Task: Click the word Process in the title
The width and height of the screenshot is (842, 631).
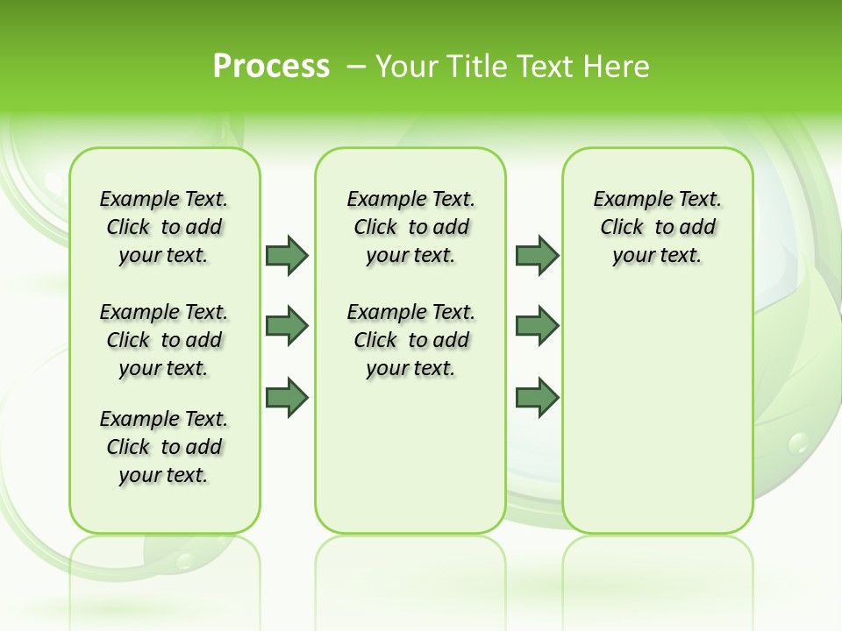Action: (x=271, y=66)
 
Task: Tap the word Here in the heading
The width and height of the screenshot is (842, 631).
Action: (x=614, y=67)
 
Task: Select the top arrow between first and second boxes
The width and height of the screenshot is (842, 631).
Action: (x=286, y=255)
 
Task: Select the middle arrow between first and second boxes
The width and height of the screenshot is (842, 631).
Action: (x=286, y=326)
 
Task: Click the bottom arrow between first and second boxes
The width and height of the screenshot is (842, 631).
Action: (x=286, y=398)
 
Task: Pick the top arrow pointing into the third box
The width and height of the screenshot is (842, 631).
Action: (x=537, y=255)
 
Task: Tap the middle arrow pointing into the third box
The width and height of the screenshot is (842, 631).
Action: (x=537, y=326)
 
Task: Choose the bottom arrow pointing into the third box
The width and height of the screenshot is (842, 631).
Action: (x=537, y=398)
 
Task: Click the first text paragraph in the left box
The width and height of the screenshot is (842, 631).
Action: (x=164, y=227)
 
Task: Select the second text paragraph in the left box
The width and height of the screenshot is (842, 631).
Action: (x=164, y=340)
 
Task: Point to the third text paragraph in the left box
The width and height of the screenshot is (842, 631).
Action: (x=164, y=447)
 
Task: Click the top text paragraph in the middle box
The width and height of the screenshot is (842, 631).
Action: (x=410, y=227)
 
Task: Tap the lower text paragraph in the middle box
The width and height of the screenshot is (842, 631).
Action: (x=410, y=340)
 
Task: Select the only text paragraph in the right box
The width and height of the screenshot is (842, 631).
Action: (x=658, y=227)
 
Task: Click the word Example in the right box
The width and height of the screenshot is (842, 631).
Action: (x=626, y=200)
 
